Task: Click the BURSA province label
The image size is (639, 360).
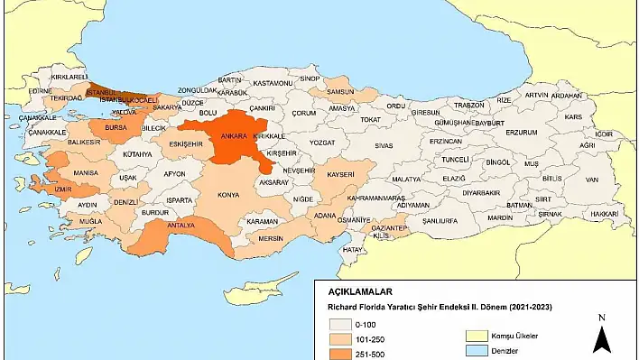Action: pyautogui.click(x=116, y=129)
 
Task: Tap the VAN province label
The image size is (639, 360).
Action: pyautogui.click(x=591, y=180)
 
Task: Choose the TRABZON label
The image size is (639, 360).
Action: pyautogui.click(x=468, y=105)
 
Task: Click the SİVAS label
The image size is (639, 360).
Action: pyautogui.click(x=385, y=144)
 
